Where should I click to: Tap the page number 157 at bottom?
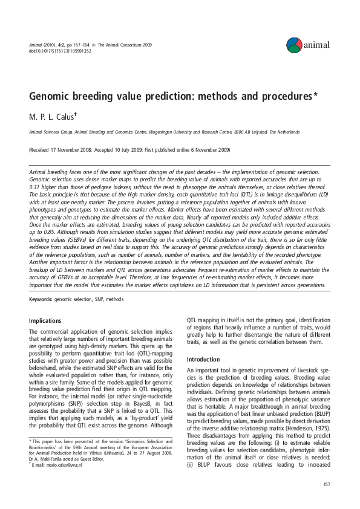pos(327,484)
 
